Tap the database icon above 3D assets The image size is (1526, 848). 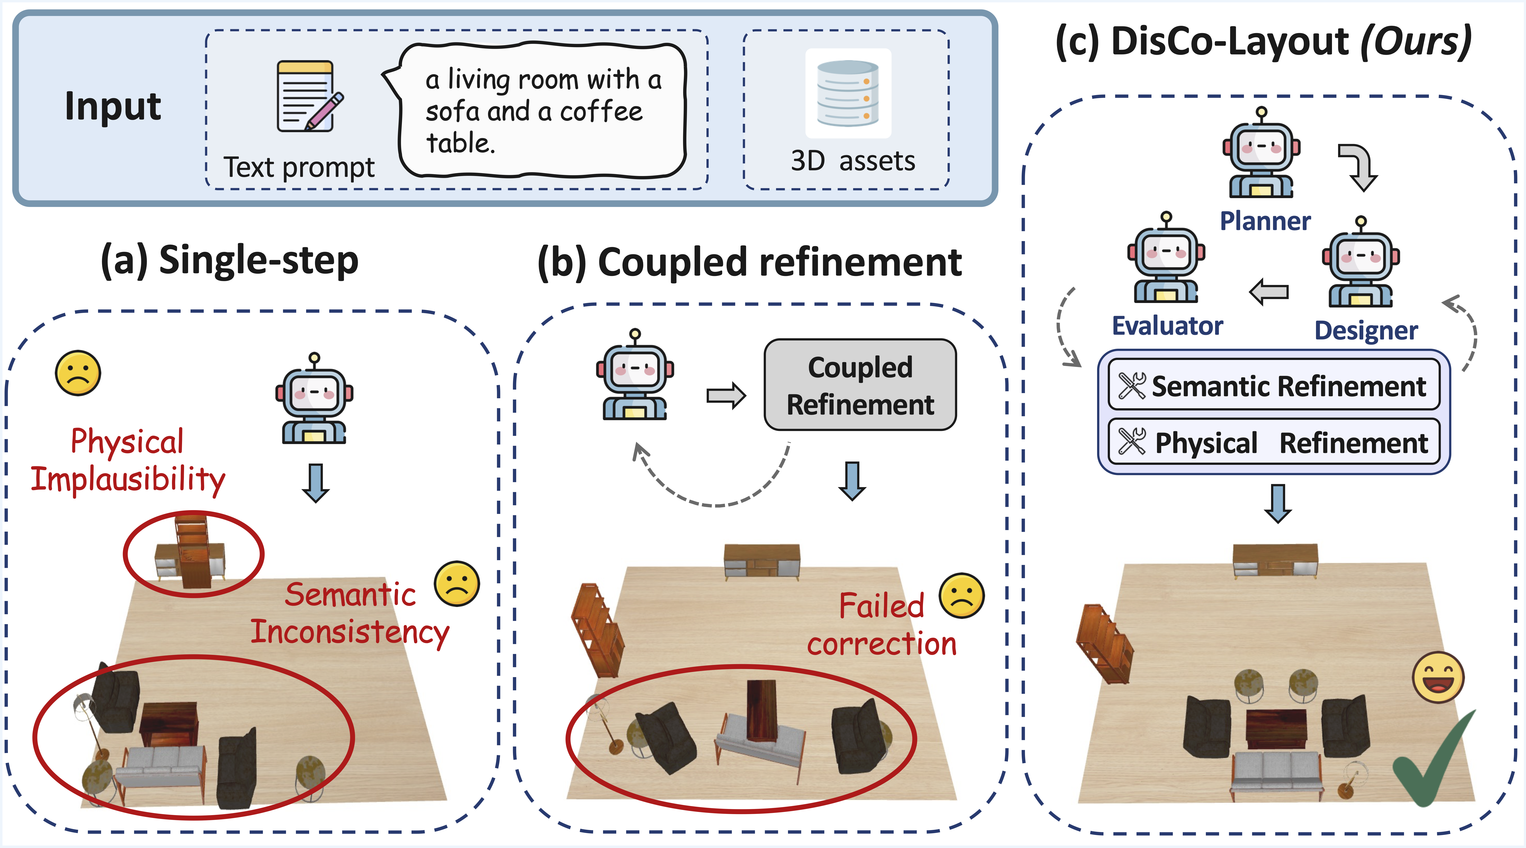click(x=848, y=94)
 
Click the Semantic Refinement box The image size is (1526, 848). click(x=1274, y=386)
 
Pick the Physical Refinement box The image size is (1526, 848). click(x=1274, y=442)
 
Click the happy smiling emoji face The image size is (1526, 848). click(x=1438, y=677)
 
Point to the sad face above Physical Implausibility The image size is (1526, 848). click(x=78, y=373)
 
